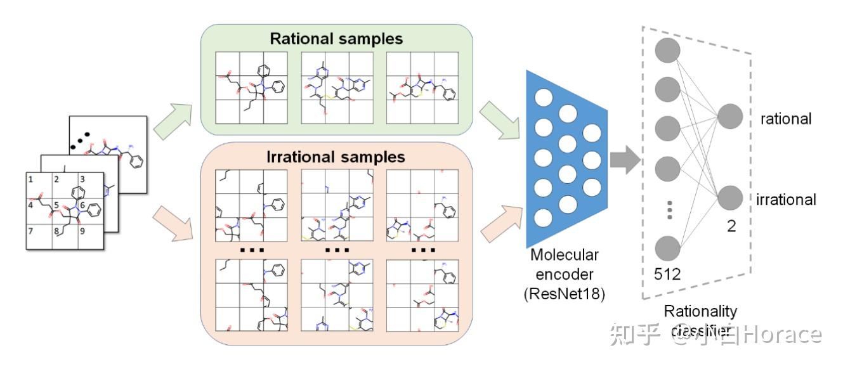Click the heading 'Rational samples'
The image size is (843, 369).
[336, 38]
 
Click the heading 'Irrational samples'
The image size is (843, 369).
[336, 156]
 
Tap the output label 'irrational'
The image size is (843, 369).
[786, 200]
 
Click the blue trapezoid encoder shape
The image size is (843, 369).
[565, 159]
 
